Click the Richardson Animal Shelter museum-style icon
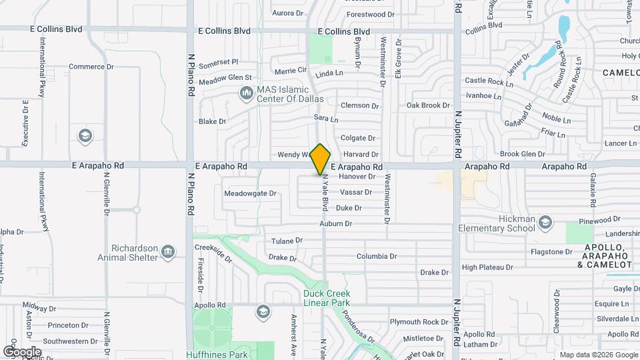(168, 251)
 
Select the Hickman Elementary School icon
(545, 222)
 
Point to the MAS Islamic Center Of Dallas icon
(245, 94)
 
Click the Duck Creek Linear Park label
(326, 297)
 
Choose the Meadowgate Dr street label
(250, 193)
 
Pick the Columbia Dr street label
(377, 256)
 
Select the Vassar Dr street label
(356, 192)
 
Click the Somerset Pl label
(218, 61)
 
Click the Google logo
(22, 351)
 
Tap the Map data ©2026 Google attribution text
(598, 355)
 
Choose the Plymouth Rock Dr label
(419, 322)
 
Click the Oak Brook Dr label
(429, 105)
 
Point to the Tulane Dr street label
(287, 240)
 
